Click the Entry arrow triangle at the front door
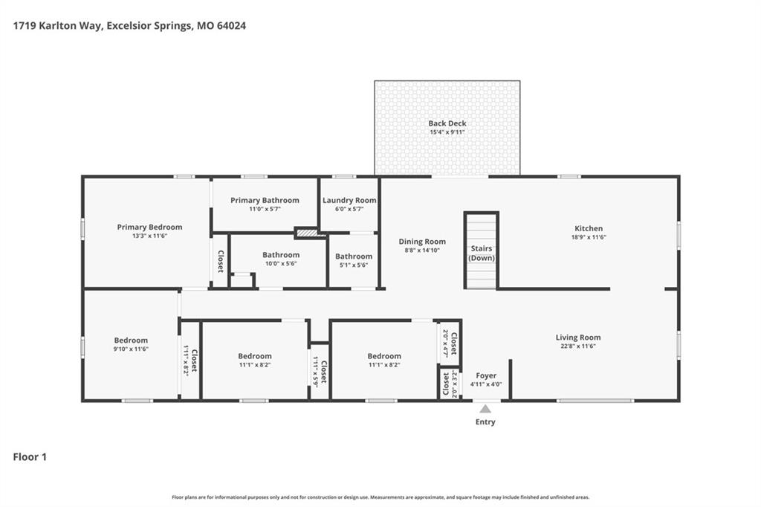coord(485,409)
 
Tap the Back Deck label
coord(447,123)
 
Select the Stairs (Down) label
coord(482,253)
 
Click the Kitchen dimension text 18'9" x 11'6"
coord(589,237)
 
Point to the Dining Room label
coord(422,242)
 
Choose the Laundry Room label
coord(349,200)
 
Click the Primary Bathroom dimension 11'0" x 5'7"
coord(265,210)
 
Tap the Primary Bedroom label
coord(149,227)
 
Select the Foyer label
coord(486,375)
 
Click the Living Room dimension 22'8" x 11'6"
coord(578,346)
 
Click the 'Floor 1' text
coord(30,457)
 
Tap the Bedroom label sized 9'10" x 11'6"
coord(131,340)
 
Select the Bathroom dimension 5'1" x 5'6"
coord(354,265)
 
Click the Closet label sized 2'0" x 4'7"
coord(454,343)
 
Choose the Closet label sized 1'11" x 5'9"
coord(324,372)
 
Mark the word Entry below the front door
coord(485,422)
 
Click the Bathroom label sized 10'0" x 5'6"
coord(281,255)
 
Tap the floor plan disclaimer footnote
coord(380,497)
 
